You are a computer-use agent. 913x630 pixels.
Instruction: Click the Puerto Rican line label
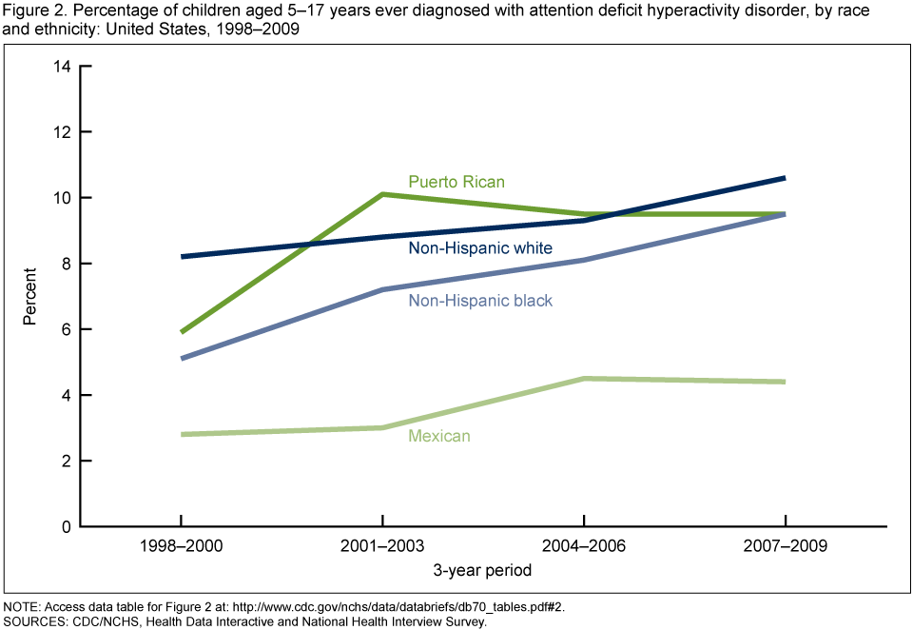[x=456, y=181]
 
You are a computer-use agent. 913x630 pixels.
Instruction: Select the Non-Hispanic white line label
[x=480, y=248]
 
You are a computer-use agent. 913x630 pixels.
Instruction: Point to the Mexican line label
[x=439, y=436]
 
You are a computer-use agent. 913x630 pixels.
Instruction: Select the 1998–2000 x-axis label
[x=181, y=547]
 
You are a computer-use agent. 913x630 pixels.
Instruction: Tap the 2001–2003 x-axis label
[x=382, y=547]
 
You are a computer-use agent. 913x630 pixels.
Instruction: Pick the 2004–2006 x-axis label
[x=584, y=547]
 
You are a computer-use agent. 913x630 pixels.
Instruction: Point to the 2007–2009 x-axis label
[x=785, y=547]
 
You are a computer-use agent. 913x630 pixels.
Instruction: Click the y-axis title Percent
[x=30, y=296]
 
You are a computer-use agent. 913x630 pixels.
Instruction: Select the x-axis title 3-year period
[x=483, y=571]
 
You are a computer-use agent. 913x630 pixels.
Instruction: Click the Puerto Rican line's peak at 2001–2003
[x=382, y=194]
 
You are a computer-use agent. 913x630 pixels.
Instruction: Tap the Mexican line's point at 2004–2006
[x=584, y=379]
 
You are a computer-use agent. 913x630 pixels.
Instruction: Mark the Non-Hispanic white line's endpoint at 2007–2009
[x=785, y=178]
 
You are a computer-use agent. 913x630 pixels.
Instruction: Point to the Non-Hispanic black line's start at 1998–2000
[x=181, y=359]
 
